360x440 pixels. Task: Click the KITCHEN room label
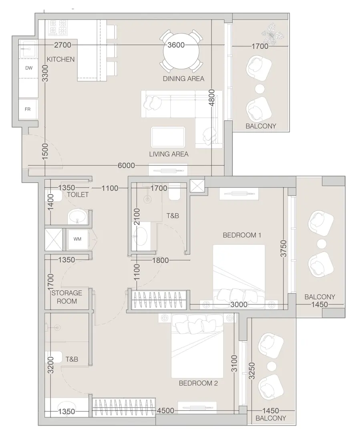[61, 59]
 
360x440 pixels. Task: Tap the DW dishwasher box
[29, 68]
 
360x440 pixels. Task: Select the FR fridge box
[28, 109]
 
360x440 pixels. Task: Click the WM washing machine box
[77, 239]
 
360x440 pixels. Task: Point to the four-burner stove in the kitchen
[57, 28]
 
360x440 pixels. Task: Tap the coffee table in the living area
[168, 137]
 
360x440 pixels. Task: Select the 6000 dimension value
[127, 166]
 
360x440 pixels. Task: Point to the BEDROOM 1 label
[242, 235]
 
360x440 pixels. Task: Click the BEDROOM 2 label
[198, 383]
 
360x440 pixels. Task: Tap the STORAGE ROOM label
[66, 297]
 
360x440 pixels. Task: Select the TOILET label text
[78, 194]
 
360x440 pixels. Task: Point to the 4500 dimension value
[165, 410]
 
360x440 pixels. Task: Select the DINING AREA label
[183, 78]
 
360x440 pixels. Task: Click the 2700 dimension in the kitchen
[63, 45]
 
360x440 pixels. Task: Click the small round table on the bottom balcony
[272, 365]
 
